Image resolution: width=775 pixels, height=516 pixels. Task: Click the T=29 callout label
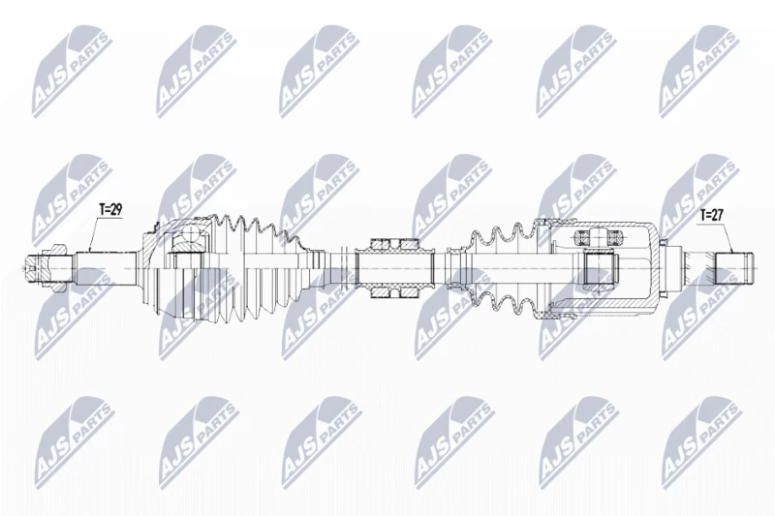[110, 209]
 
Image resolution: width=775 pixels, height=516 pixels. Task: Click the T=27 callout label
[712, 215]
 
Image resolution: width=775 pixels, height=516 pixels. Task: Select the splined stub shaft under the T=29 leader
[107, 268]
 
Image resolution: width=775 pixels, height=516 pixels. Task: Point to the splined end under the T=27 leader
[735, 268]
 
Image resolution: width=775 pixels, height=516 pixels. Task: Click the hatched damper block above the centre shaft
[395, 244]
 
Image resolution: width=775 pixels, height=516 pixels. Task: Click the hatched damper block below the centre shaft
[395, 292]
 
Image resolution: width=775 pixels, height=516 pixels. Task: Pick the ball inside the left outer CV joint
[189, 236]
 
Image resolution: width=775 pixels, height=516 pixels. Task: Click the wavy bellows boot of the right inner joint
[504, 268]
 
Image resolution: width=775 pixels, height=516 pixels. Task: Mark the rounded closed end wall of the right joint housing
[655, 268]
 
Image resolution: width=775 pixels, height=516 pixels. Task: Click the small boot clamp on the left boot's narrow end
[318, 268]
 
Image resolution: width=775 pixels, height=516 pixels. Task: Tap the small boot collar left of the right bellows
[454, 268]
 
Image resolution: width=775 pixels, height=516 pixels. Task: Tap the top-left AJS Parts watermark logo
[71, 71]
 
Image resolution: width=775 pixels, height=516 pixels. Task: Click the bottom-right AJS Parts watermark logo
[701, 442]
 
